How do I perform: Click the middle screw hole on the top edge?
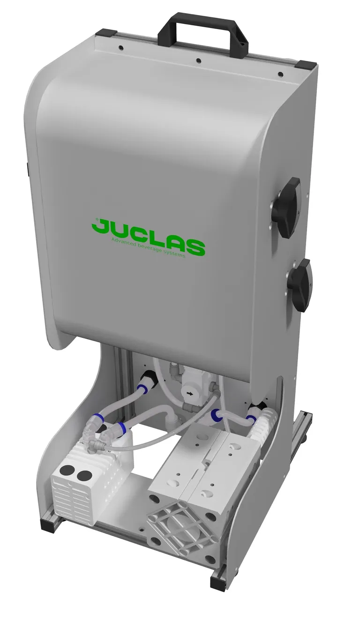coord(198,60)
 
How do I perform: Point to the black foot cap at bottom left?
coord(47,524)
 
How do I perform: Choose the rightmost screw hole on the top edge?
coord(280,74)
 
